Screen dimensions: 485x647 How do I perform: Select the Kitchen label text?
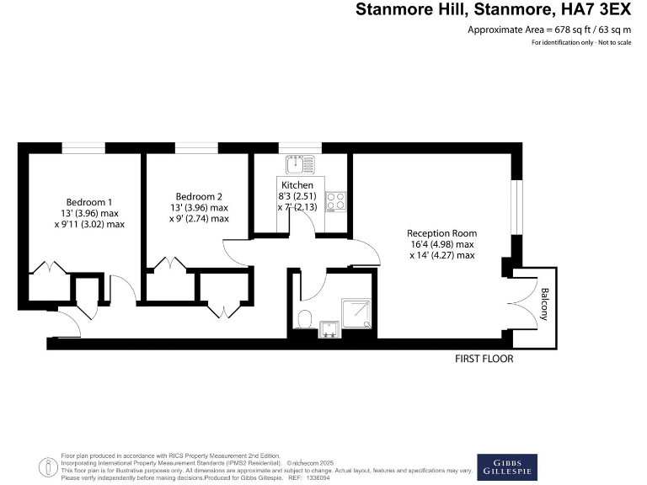[297, 185]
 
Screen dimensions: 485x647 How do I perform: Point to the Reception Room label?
[441, 233]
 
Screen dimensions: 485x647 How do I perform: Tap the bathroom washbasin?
[329, 331]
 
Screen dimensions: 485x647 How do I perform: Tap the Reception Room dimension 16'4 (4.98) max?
[441, 244]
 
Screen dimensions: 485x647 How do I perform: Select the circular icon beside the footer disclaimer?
[48, 465]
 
